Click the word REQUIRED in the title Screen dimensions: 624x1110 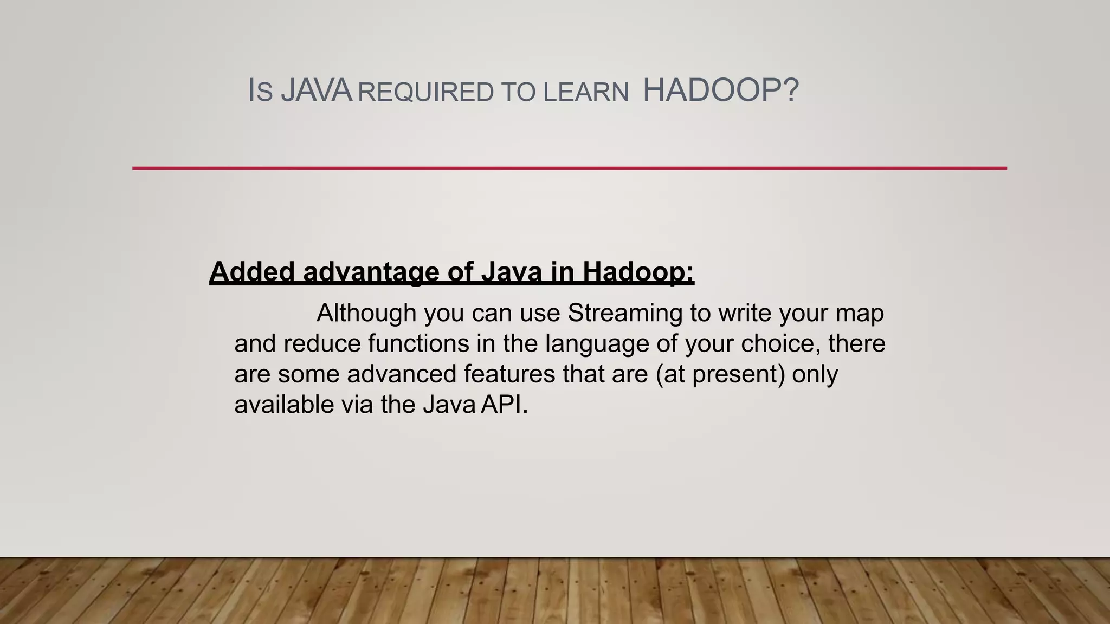pos(426,92)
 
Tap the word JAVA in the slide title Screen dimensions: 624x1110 pos(317,90)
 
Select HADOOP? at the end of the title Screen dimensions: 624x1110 pos(720,90)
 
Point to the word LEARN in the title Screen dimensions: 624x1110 pos(586,92)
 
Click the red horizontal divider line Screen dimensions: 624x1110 pos(569,168)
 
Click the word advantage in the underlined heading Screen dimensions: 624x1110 pos(371,271)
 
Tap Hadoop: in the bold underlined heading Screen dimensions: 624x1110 pos(638,271)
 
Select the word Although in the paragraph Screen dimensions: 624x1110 pos(366,313)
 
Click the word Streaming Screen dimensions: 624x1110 pos(625,313)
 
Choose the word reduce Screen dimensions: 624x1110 pos(322,343)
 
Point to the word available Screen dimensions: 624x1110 pos(284,405)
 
